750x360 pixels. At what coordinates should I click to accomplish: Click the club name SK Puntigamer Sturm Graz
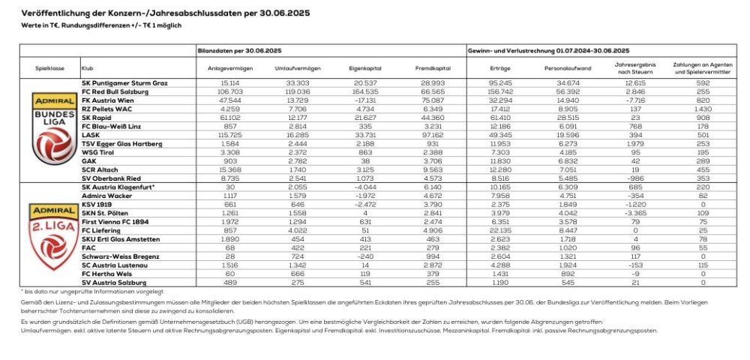pos(124,81)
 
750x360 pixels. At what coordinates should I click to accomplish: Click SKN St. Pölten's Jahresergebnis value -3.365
pos(634,212)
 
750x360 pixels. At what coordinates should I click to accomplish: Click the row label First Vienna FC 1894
pos(116,221)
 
